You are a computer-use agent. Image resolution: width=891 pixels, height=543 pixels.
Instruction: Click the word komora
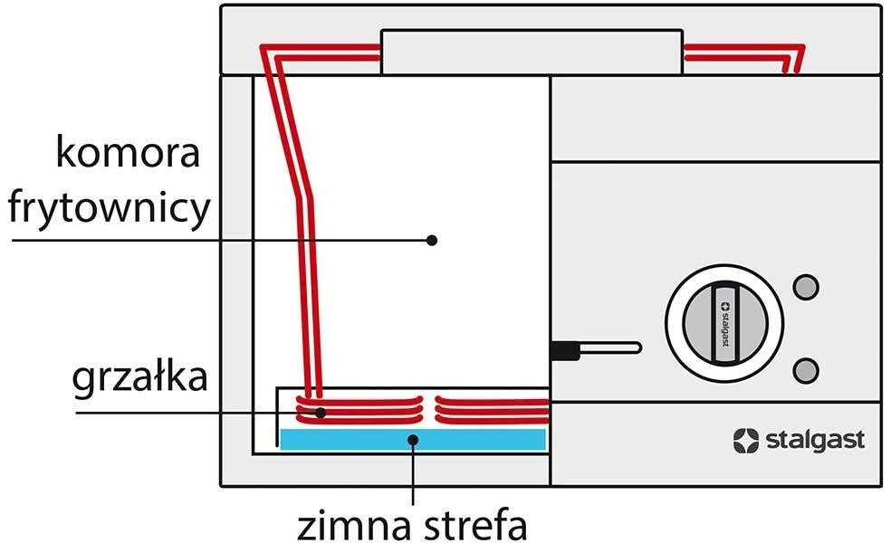128,154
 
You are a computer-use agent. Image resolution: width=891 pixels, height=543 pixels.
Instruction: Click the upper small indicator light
805,286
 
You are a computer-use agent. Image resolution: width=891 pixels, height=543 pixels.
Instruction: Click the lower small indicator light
805,369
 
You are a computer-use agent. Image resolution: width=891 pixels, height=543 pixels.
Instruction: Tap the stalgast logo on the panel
798,440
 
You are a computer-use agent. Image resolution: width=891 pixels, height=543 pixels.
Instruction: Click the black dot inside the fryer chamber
432,240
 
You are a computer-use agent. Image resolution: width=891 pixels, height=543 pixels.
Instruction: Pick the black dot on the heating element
321,413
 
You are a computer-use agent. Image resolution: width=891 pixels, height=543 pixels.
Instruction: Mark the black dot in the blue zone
413,440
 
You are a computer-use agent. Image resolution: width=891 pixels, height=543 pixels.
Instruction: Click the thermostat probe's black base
563,348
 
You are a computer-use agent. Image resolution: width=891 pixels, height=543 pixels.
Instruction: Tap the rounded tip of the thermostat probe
636,348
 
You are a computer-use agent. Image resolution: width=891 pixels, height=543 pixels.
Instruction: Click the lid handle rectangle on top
531,52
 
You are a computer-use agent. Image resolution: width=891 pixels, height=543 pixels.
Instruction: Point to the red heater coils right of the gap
492,409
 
